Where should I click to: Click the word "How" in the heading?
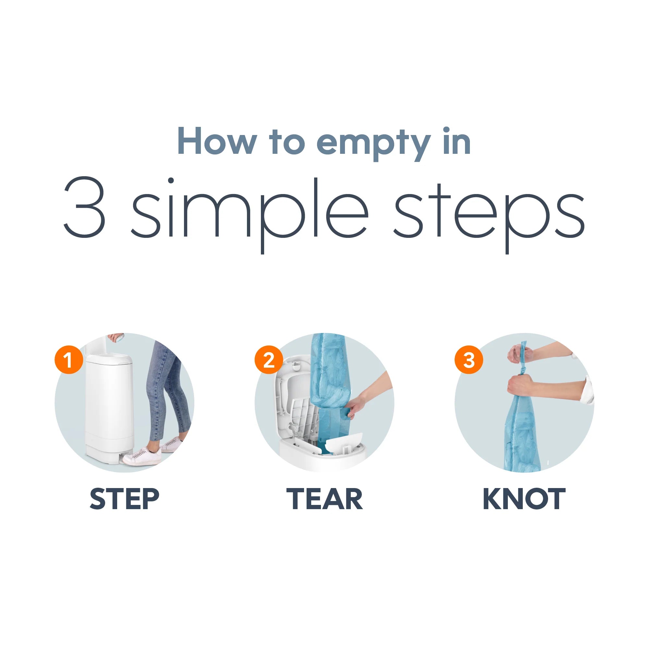tap(217, 141)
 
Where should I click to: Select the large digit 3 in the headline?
tap(85, 207)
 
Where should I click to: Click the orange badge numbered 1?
tap(68, 360)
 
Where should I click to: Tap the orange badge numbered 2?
tap(269, 360)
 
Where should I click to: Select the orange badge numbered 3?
tap(469, 360)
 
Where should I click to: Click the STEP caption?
tap(125, 499)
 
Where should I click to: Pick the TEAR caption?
tap(324, 499)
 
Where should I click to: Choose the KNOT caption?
tap(524, 499)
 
